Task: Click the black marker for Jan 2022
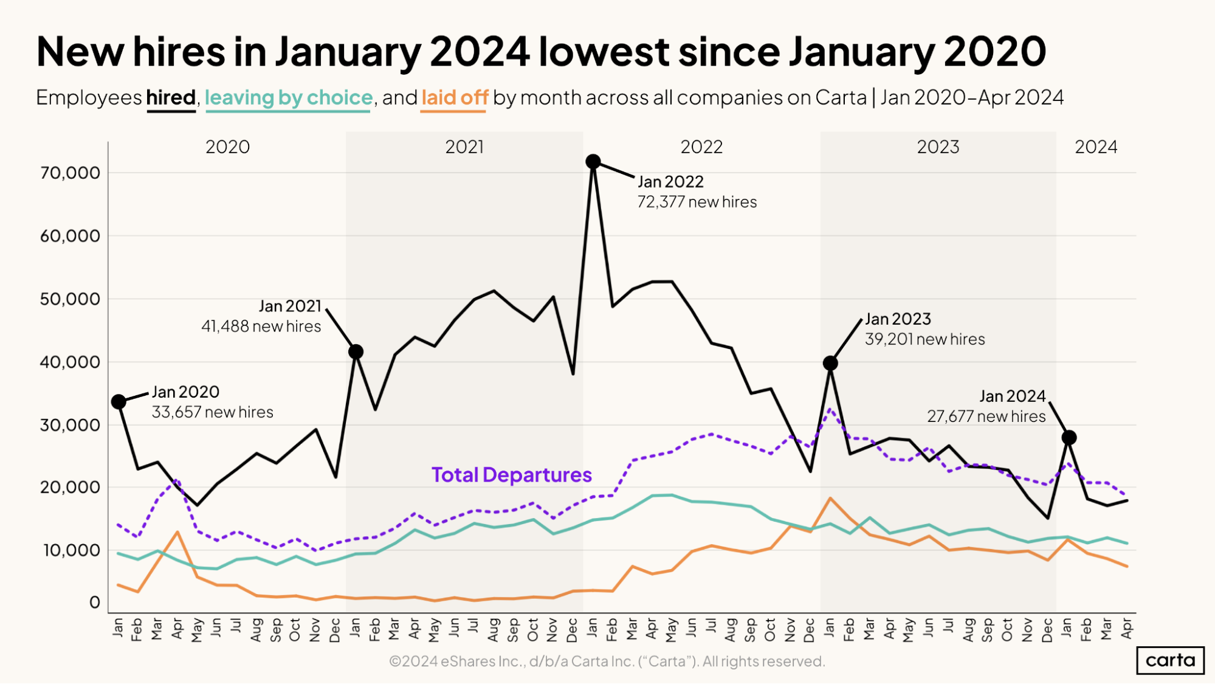593,162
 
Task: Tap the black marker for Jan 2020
119,402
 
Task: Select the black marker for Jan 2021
356,351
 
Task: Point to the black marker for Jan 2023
830,363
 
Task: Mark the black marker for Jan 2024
1069,437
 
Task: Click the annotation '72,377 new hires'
697,202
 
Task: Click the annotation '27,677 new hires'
986,416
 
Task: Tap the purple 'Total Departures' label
511,475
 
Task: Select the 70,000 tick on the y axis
70,173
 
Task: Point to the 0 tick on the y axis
94,603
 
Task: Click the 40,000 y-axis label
70,362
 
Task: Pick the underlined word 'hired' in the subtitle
171,98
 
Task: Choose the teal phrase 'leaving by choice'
288,98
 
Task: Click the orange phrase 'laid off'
455,98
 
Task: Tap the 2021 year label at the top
464,147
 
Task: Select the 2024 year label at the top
1096,147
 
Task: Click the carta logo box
1170,660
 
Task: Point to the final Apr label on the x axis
1126,628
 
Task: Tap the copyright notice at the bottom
607,662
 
